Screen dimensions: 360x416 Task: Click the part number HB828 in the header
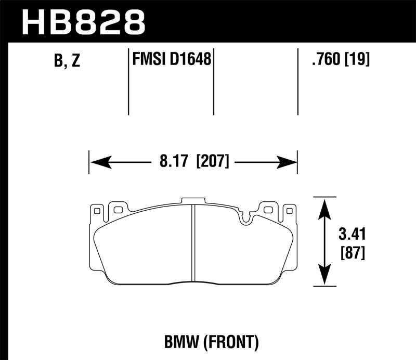pos(83,21)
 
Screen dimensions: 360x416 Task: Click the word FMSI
pos(148,60)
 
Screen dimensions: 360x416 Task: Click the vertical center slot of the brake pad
pos(192,242)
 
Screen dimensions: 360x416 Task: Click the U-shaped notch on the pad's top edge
pos(246,218)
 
